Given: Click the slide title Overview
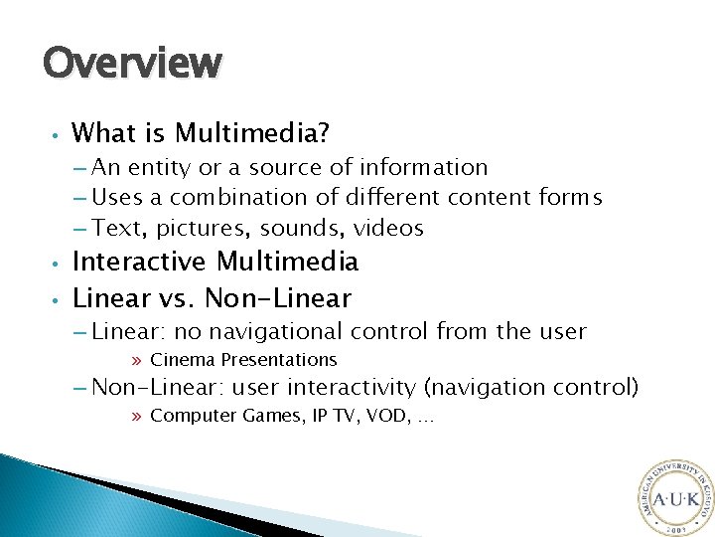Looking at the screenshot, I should point(132,63).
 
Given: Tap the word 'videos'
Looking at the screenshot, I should point(389,229).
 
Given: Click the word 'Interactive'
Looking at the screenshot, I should point(140,262).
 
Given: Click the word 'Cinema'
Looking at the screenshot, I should point(183,359).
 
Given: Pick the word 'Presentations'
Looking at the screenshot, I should point(279,359).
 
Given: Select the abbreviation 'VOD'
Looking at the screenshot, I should point(377,416).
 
